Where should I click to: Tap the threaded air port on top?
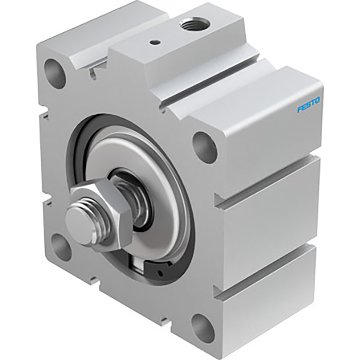(x=193, y=23)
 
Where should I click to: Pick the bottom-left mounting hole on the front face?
(x=61, y=246)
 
